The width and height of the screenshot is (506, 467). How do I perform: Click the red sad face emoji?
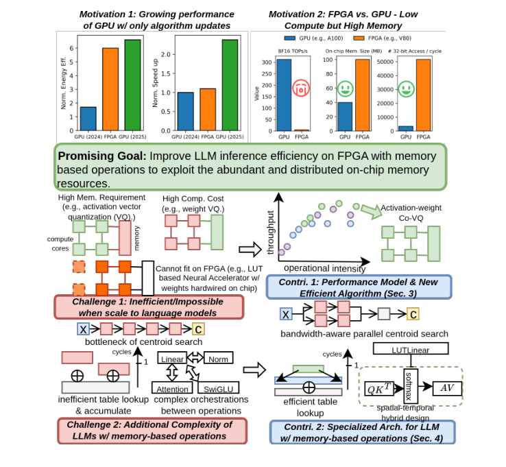(x=302, y=88)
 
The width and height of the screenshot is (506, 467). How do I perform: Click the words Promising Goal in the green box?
(x=101, y=156)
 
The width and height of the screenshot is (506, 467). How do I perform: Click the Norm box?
(x=218, y=358)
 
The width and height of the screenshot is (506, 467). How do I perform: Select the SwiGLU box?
(x=218, y=389)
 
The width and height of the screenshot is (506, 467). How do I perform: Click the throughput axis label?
(x=270, y=233)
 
